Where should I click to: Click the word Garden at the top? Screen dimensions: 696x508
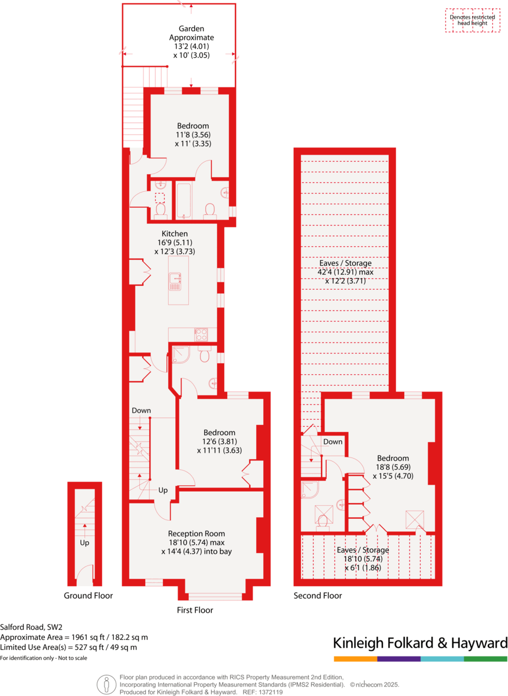[192, 28]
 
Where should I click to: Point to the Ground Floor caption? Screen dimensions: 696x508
[88, 596]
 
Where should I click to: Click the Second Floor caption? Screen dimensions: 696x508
[317, 596]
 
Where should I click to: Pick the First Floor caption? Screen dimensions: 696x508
[195, 610]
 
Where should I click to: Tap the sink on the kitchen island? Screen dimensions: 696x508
[175, 277]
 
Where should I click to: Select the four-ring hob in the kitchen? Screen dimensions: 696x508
[201, 334]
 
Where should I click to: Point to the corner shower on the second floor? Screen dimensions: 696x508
[310, 489]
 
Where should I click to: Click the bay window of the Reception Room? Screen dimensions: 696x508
[215, 597]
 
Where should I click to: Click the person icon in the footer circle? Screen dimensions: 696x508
[107, 684]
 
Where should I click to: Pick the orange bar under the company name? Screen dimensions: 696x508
[355, 658]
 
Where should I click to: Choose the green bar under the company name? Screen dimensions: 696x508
[485, 658]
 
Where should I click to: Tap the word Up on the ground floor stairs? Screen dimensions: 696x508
[85, 542]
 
